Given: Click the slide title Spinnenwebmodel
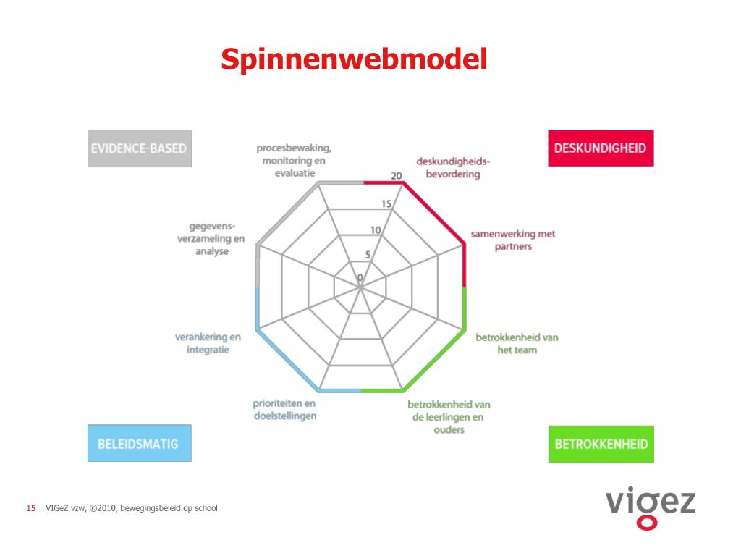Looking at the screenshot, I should click(354, 59).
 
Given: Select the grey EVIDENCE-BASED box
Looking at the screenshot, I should click(140, 148).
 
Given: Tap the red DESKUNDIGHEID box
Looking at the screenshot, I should click(600, 148).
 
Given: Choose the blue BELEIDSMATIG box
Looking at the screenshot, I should click(139, 442).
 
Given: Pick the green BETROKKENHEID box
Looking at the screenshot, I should click(601, 444).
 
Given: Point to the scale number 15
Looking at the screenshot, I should click(386, 204).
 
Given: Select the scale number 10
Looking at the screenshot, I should click(376, 231).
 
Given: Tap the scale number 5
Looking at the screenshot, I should click(368, 254).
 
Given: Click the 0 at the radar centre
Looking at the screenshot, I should click(360, 278).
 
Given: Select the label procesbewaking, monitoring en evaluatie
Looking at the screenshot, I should click(295, 160).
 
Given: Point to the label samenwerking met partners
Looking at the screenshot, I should click(513, 240).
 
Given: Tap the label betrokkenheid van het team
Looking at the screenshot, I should click(517, 343).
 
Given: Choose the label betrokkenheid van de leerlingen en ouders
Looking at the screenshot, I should click(449, 417).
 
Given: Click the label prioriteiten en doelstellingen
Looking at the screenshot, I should click(284, 409).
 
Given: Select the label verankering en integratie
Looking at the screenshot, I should click(208, 343).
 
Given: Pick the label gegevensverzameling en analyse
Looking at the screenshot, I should click(211, 238).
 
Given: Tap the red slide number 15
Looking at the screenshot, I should click(31, 508).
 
